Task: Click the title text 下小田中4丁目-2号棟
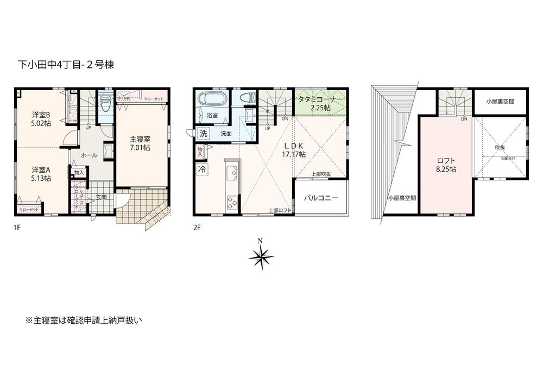[66, 65]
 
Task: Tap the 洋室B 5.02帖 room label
[40, 118]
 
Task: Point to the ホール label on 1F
[89, 155]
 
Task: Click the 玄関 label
[102, 197]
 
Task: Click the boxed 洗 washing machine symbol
[203, 133]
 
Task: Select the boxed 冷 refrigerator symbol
[201, 168]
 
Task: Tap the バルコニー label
[320, 198]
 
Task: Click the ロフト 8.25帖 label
[446, 165]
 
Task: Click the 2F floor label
[197, 228]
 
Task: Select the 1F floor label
[17, 228]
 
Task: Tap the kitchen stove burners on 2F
[231, 202]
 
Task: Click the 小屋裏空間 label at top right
[500, 101]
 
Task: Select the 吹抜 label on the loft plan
[500, 147]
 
